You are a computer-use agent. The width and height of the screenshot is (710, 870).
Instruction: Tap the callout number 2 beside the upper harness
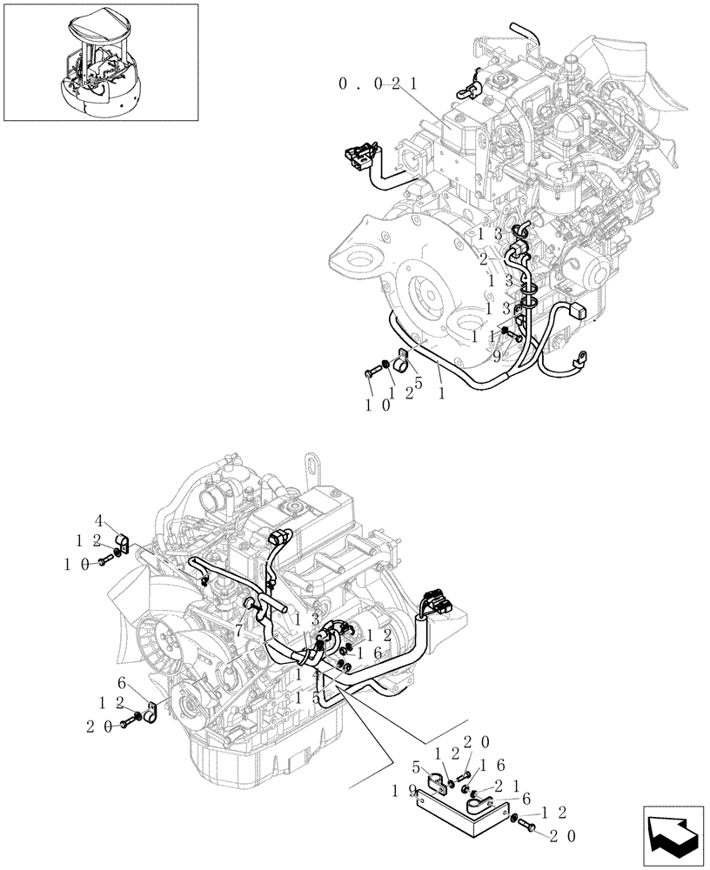[x=483, y=259]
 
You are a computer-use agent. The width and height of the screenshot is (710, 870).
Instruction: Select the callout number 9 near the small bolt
[x=497, y=355]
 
